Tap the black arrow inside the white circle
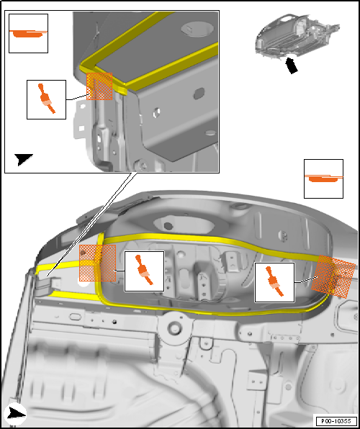coord(16,414)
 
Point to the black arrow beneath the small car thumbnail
coord(292,66)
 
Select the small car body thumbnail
coord(298,35)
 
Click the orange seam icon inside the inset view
coord(28,33)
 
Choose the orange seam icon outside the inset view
coord(323,178)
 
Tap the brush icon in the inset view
coord(47,98)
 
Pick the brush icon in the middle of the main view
coord(144,270)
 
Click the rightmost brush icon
coord(274,281)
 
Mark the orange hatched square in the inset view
coord(99,86)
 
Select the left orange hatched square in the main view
coord(97,263)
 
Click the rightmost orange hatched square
coord(333,276)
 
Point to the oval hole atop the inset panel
coord(197,28)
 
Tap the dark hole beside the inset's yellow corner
coord(199,94)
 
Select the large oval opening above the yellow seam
coord(184,225)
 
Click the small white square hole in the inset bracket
coord(81,128)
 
